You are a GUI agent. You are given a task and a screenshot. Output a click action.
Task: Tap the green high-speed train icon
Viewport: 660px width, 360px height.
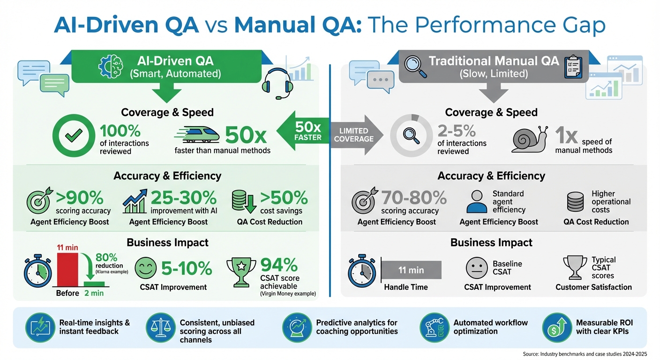[198, 134]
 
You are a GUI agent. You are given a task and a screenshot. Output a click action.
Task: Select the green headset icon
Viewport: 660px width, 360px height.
[277, 83]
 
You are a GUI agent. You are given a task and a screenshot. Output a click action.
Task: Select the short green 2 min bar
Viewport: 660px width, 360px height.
[94, 283]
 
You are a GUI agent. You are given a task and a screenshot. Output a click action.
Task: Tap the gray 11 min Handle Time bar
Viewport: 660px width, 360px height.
[412, 270]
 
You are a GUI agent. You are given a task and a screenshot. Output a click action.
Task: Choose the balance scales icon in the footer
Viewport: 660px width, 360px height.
[160, 327]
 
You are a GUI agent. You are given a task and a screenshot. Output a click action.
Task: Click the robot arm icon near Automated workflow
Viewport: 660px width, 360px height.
[433, 327]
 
